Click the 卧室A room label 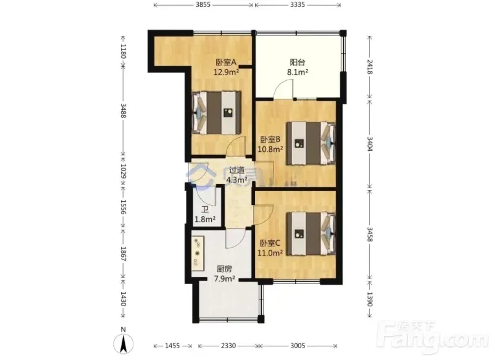pyautogui.click(x=226, y=62)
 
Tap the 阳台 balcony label pyautogui.click(x=298, y=62)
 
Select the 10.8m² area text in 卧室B pyautogui.click(x=270, y=149)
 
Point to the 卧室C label pyautogui.click(x=270, y=243)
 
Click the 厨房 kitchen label pyautogui.click(x=225, y=269)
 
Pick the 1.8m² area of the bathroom pyautogui.click(x=205, y=219)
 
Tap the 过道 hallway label pyautogui.click(x=237, y=170)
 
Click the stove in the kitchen pyautogui.click(x=198, y=254)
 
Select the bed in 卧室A pyautogui.click(x=216, y=113)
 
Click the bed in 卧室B pyautogui.click(x=311, y=143)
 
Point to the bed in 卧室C pyautogui.click(x=311, y=233)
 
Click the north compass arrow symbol pyautogui.click(x=124, y=343)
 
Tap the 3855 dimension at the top pyautogui.click(x=203, y=5)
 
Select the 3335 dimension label pyautogui.click(x=298, y=5)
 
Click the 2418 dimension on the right pyautogui.click(x=369, y=67)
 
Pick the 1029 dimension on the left pyautogui.click(x=123, y=171)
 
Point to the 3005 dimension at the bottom pyautogui.click(x=298, y=346)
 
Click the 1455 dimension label pyautogui.click(x=172, y=346)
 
